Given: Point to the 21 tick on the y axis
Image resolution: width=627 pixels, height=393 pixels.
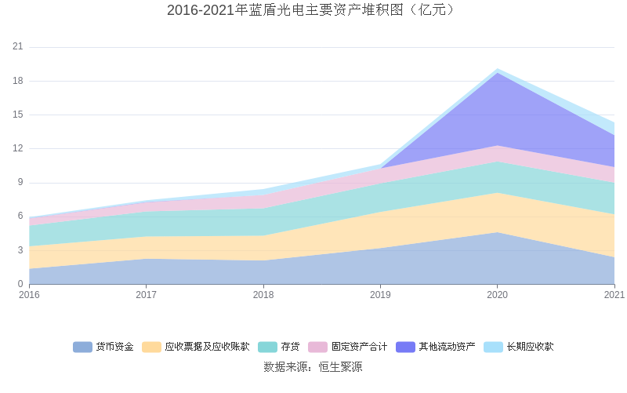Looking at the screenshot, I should pos(18,47).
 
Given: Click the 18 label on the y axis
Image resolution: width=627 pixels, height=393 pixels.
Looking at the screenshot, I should pos(18,81).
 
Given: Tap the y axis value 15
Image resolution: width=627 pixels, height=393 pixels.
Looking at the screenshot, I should pos(18,115).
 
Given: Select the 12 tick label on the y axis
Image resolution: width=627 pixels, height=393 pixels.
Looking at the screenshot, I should pos(18,148).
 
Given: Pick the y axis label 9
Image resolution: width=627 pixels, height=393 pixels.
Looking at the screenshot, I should pos(20,183).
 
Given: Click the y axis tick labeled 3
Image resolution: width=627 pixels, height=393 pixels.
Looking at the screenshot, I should pos(20,250).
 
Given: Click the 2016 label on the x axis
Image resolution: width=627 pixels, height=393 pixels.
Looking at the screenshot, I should pos(29,295).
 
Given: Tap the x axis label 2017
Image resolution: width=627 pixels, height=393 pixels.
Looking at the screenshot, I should pos(146,295).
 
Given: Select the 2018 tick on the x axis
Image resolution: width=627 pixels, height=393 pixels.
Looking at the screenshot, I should pos(263,295).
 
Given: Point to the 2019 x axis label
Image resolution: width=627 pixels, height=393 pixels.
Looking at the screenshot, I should pos(380,295).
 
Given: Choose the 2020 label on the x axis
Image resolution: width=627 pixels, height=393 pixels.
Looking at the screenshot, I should pos(498,295).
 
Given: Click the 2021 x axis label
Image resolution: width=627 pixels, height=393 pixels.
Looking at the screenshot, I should pos(614,295).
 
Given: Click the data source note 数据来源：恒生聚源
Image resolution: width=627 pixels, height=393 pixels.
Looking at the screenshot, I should pos(313,366).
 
